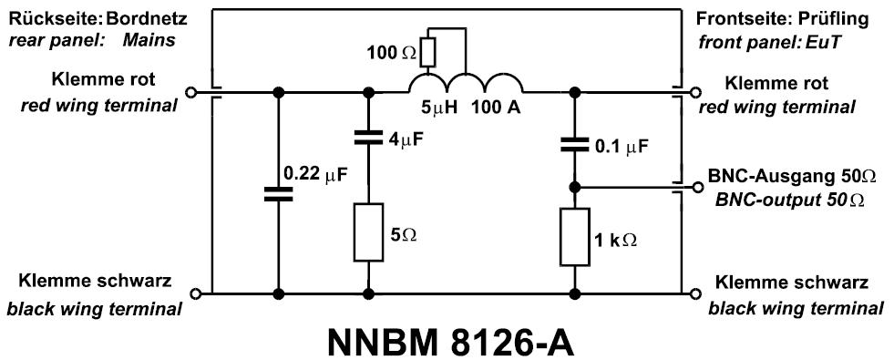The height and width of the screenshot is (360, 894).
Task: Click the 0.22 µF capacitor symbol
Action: coord(278,193)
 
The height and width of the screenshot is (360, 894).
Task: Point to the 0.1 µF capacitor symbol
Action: coord(574,144)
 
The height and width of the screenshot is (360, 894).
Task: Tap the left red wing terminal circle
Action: coord(190,92)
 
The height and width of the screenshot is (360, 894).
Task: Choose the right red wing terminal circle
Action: coord(697,92)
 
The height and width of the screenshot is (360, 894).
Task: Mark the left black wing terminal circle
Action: coord(190,294)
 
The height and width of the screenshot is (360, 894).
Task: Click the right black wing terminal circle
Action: coord(697,294)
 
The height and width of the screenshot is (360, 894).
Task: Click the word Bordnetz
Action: coord(136,18)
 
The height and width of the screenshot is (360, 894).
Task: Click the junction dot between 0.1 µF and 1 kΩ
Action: coord(574,187)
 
